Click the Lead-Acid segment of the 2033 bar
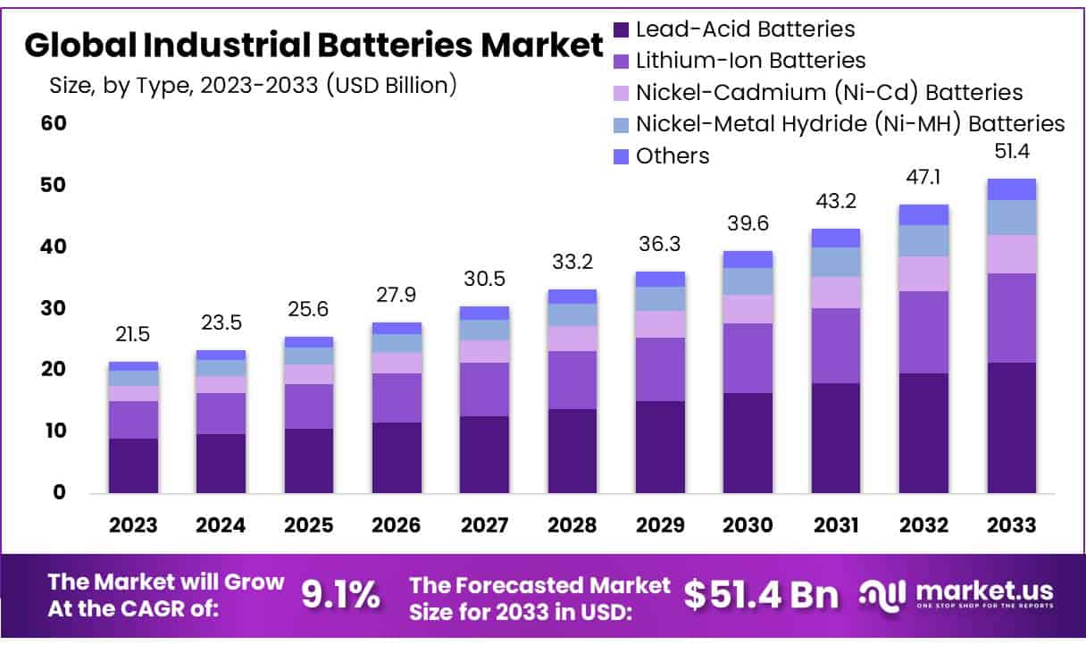(x=1011, y=428)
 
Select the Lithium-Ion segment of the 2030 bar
(x=748, y=358)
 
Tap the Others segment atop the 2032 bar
(x=923, y=214)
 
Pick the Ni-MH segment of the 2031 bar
(x=835, y=262)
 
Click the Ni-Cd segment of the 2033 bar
(x=1011, y=254)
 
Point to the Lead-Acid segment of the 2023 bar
(x=133, y=465)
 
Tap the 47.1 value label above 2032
(x=923, y=175)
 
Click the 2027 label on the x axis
(x=484, y=524)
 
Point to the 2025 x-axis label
(x=308, y=524)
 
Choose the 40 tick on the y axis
(x=54, y=247)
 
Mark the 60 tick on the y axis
(x=54, y=123)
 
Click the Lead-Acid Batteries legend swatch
(x=622, y=29)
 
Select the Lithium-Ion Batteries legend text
(x=750, y=61)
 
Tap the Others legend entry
(x=672, y=156)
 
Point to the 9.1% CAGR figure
(x=339, y=594)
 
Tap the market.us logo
(x=957, y=593)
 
